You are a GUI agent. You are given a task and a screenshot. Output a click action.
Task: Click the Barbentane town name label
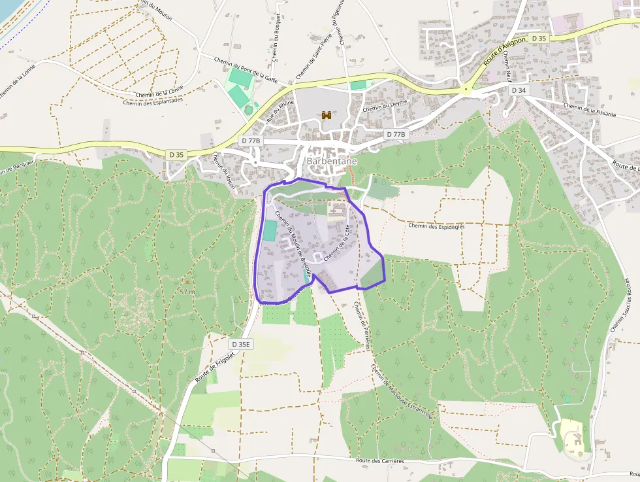[x=332, y=162]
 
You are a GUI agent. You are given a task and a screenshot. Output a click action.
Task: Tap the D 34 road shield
[x=519, y=90]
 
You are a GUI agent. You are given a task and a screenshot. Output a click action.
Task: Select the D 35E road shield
[x=241, y=343]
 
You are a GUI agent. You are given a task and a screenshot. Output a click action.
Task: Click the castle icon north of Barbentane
[x=327, y=115]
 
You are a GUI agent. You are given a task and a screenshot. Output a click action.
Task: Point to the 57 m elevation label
[x=187, y=292]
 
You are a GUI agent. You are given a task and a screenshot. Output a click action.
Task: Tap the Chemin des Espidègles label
[x=436, y=226]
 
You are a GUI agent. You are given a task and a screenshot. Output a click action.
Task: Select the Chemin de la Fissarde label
[x=589, y=109]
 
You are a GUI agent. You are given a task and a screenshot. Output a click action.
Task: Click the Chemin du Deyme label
[x=385, y=107]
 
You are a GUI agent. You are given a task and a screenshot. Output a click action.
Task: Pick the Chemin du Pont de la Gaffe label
[x=246, y=68]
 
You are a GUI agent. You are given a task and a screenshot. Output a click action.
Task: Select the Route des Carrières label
[x=380, y=460]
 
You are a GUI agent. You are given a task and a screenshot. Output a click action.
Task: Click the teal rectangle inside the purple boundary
[x=269, y=230]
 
